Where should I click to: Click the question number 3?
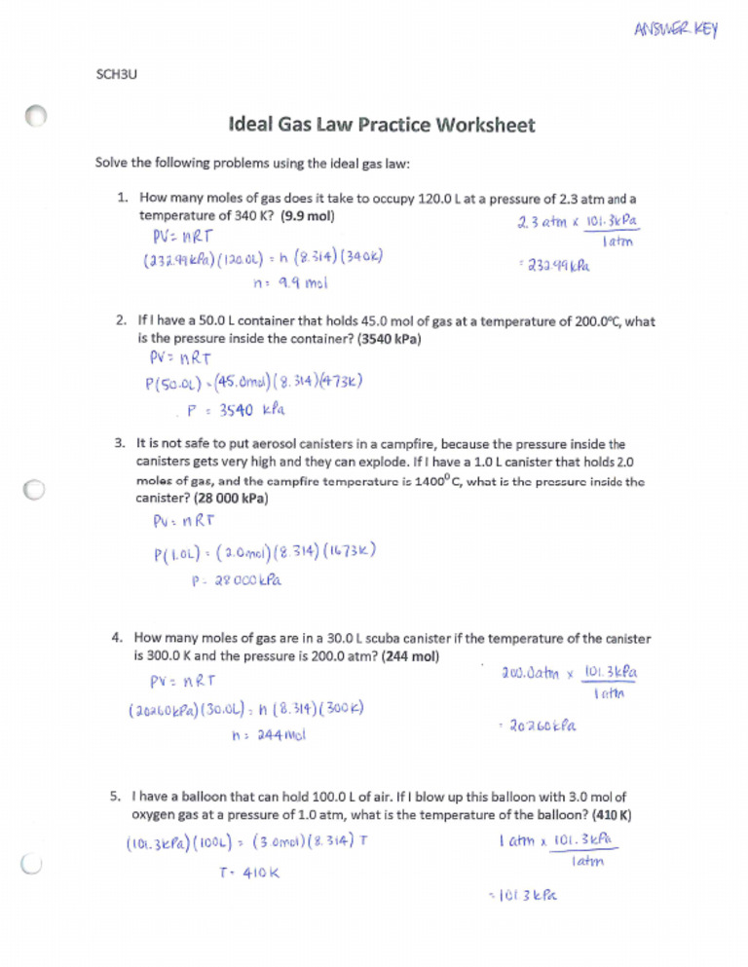tap(120, 443)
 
